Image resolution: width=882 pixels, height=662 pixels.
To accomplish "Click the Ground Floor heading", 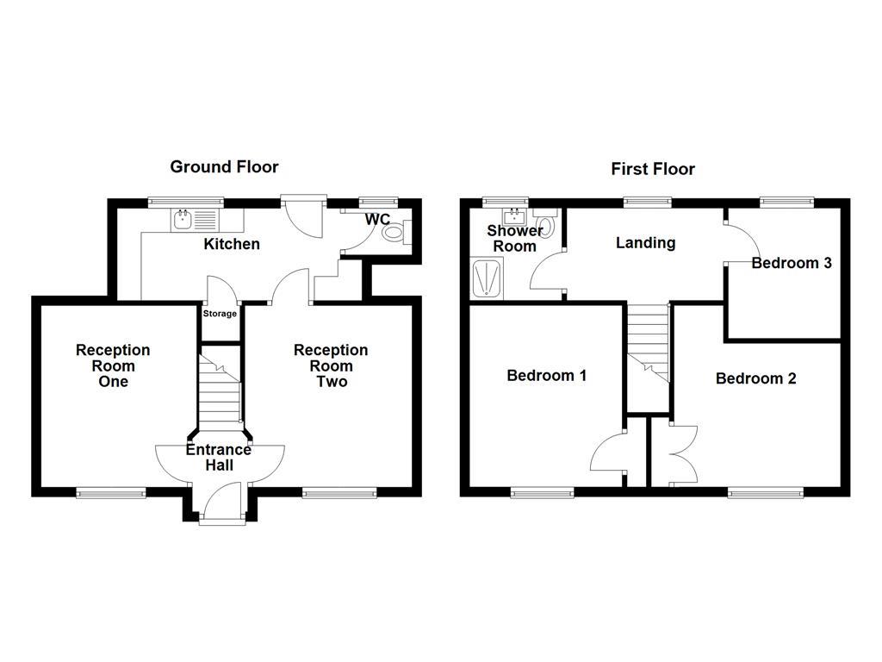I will (x=224, y=166).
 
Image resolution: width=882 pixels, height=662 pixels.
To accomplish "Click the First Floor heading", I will (x=653, y=169).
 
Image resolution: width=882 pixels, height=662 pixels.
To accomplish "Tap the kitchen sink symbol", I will (x=183, y=221).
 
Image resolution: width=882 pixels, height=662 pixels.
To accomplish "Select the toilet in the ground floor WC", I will (x=393, y=232).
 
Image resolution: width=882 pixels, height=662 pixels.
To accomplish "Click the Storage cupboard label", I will (x=220, y=314).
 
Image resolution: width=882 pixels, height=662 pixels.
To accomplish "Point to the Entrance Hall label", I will (x=219, y=458).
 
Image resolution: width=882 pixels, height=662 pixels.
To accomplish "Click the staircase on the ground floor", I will (x=219, y=388).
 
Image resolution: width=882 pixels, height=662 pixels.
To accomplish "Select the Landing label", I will (x=645, y=243).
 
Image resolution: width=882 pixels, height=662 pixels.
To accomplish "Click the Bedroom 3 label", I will (x=791, y=263).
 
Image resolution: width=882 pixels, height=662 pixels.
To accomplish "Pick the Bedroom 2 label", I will (x=755, y=378).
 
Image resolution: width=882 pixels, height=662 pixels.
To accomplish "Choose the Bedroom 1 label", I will (x=546, y=376).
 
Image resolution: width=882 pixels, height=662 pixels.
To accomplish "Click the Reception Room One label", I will (x=113, y=365).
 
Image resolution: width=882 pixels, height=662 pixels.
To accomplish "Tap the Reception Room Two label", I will (x=331, y=365).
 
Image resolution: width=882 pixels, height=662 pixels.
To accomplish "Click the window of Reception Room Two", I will (x=339, y=493).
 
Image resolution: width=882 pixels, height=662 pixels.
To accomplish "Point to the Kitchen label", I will (x=231, y=244).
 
